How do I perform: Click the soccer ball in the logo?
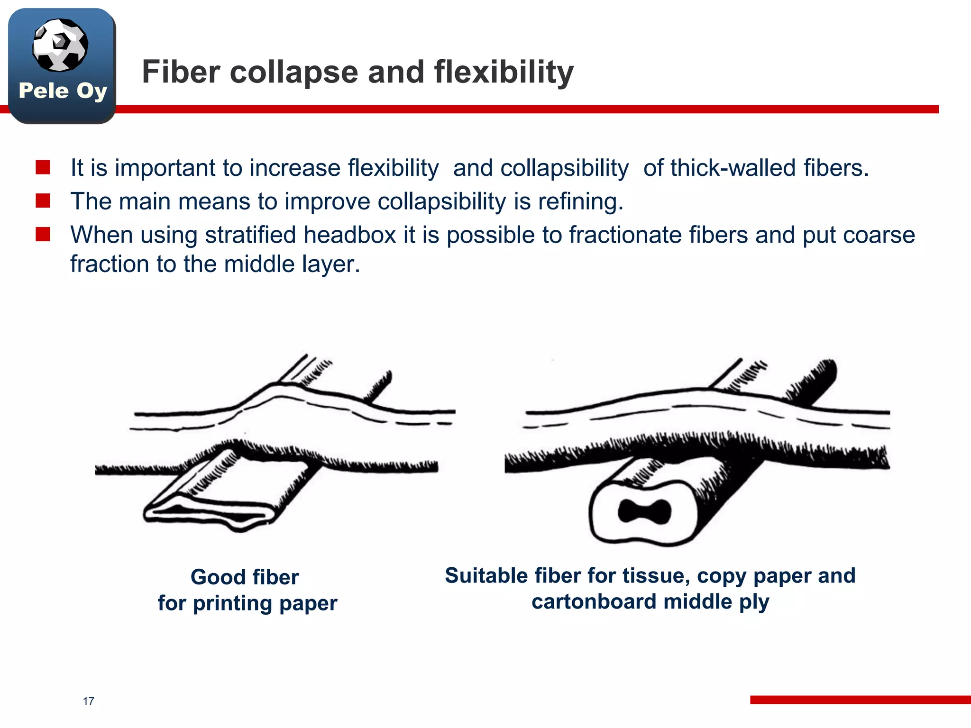click(60, 45)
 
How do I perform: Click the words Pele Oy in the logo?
click(63, 91)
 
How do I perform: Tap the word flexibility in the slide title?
click(504, 72)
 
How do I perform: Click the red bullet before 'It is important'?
click(43, 167)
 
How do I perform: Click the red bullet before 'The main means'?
click(43, 200)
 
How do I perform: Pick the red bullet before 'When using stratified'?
click(43, 234)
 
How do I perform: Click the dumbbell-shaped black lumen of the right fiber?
click(645, 511)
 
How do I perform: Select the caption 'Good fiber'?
click(245, 577)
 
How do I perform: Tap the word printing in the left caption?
click(232, 603)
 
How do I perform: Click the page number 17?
click(88, 701)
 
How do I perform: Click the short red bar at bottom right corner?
click(860, 700)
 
